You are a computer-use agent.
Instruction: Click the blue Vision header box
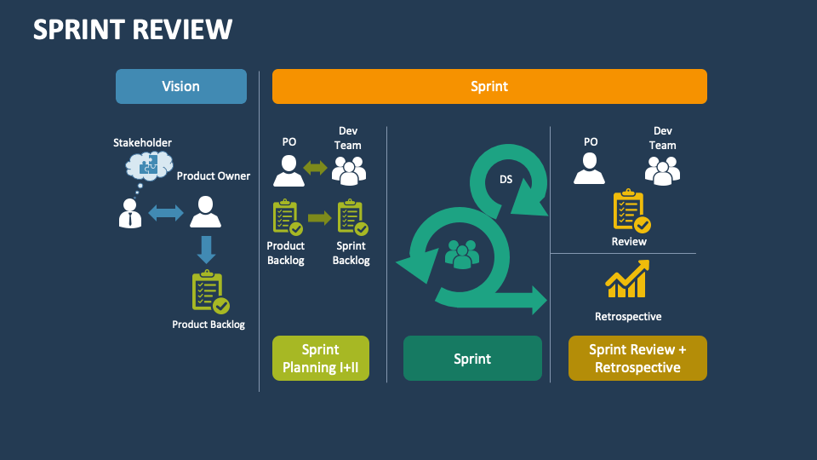click(181, 86)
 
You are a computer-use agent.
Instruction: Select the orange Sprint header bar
click(489, 86)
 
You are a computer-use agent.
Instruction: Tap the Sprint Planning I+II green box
click(320, 358)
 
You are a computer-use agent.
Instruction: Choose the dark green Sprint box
click(472, 358)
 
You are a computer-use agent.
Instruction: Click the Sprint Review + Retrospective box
click(637, 358)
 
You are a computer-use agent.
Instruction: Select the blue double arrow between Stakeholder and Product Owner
click(166, 213)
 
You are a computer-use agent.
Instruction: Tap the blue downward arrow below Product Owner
click(206, 249)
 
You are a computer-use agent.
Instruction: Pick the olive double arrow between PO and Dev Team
click(316, 169)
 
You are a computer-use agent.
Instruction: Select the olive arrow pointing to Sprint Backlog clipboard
click(319, 218)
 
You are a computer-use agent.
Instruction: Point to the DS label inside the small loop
click(506, 180)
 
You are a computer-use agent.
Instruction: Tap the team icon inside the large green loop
click(462, 254)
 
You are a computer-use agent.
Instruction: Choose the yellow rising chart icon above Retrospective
click(627, 279)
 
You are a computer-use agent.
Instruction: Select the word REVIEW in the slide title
click(183, 30)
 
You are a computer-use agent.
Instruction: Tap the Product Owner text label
click(214, 176)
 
